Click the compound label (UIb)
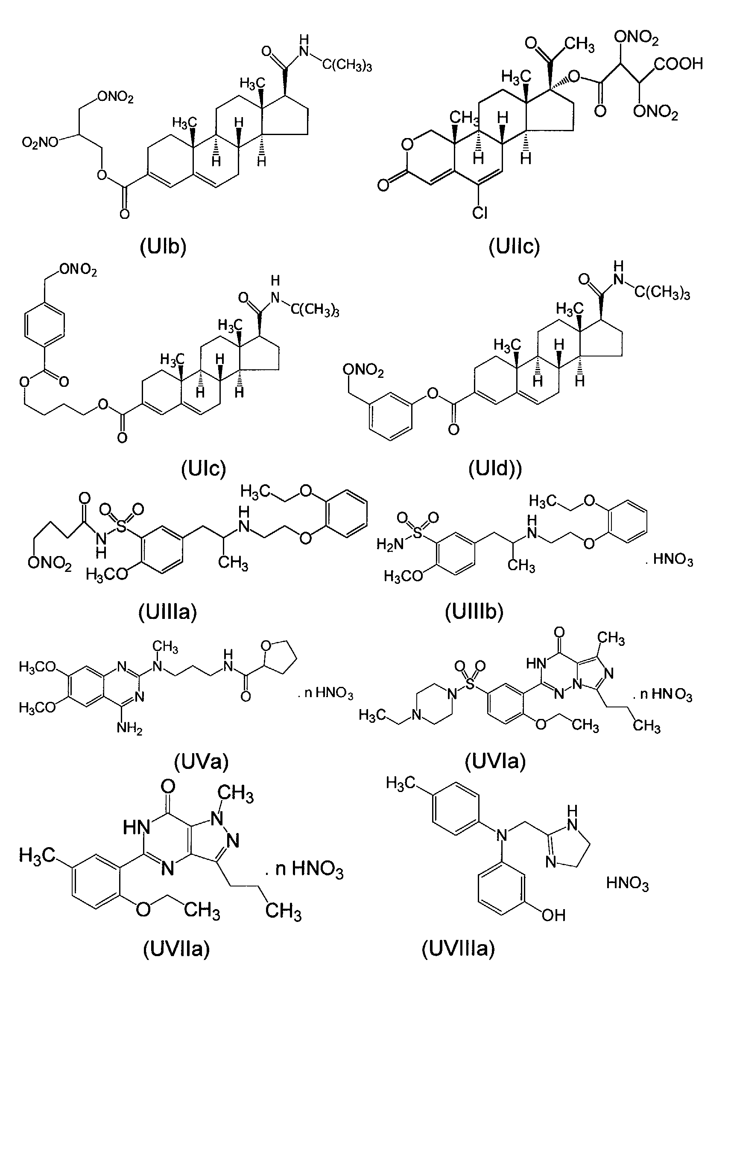tap(163, 247)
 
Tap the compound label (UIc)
tap(204, 468)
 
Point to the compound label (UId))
tap(495, 468)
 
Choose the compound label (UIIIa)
tap(167, 612)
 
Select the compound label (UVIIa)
tap(177, 949)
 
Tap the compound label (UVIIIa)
tap(459, 949)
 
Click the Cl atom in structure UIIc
tap(480, 212)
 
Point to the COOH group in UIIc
tap(678, 63)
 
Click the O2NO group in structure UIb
tap(40, 142)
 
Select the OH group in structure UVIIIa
tap(553, 915)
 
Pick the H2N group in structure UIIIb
tap(390, 544)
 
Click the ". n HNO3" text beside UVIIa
tap(304, 869)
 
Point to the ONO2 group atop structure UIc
tap(78, 270)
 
